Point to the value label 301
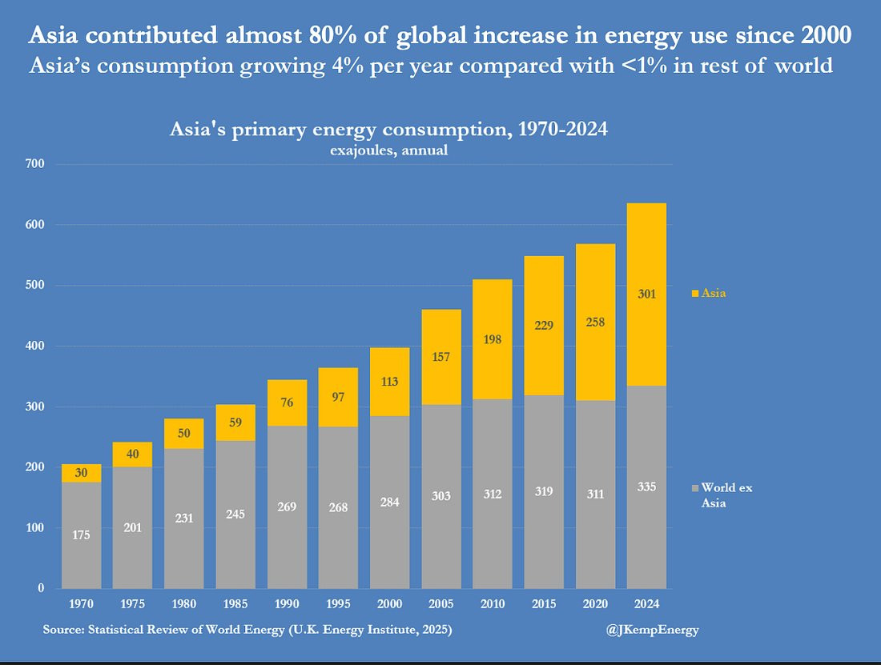point(646,294)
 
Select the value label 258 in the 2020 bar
point(595,322)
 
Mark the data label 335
point(646,486)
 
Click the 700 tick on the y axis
point(34,164)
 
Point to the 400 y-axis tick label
point(34,346)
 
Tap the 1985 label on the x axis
point(235,604)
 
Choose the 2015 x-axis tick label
point(544,604)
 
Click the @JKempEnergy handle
point(653,630)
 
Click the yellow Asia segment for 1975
point(133,455)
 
